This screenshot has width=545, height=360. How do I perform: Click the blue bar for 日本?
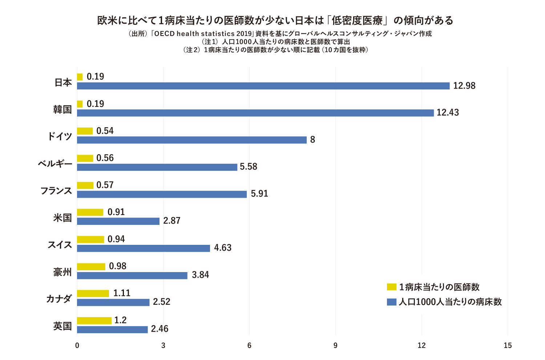[263, 86]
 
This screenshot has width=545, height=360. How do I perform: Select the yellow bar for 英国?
[94, 320]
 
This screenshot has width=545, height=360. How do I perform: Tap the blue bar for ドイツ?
[192, 140]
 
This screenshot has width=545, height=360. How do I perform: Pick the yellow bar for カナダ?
[93, 294]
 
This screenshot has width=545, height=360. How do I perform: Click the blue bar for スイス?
[144, 248]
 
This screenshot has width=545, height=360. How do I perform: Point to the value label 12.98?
[464, 86]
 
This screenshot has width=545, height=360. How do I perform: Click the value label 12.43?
[448, 113]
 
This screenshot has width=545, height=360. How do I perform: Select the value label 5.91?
[259, 194]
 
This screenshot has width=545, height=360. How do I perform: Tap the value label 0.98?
[118, 266]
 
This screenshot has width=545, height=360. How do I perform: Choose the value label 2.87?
[171, 221]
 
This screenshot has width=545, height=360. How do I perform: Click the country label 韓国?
[62, 109]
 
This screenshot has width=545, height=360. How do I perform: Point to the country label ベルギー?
[55, 163]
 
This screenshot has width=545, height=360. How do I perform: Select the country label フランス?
[56, 191]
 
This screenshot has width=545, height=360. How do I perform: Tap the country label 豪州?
[62, 272]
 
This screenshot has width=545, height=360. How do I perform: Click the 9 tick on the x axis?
[335, 345]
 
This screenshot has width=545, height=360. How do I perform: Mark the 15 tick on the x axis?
[508, 345]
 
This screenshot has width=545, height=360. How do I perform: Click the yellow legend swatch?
[391, 287]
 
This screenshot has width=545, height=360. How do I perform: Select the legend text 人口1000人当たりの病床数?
[450, 302]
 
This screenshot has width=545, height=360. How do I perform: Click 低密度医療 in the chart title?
[357, 20]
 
